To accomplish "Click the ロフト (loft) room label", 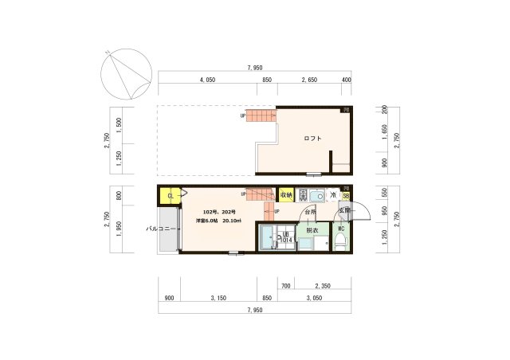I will [x=312, y=139].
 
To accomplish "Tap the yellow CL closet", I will [x=170, y=195].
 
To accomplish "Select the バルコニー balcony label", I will [x=159, y=229].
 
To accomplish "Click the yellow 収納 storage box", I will [x=285, y=194].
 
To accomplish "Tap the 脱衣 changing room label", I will [x=312, y=230].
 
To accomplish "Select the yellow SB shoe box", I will [x=346, y=195].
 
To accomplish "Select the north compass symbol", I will [x=125, y=71].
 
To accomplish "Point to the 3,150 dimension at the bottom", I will [x=217, y=298].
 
